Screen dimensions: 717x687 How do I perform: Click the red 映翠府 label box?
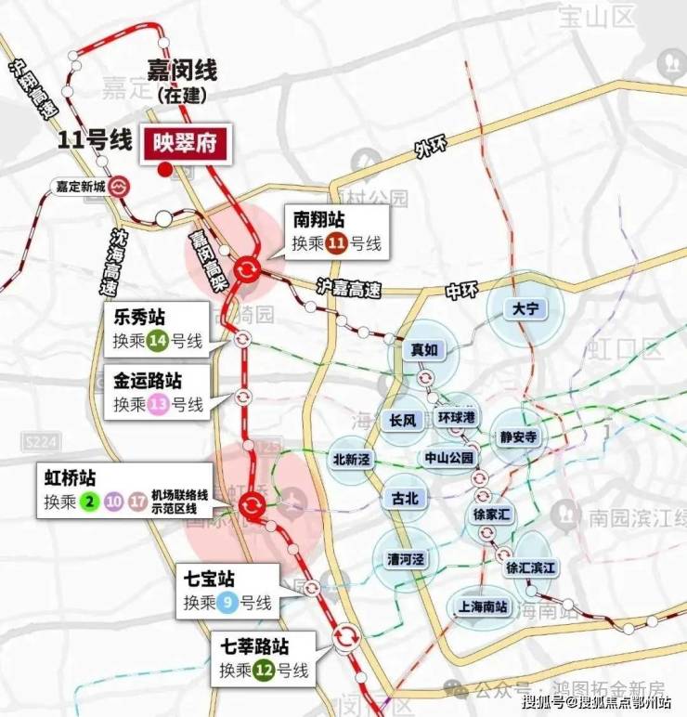[183, 146]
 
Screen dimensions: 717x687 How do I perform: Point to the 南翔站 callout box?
[337, 231]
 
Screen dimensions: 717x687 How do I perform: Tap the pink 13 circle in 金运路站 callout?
[158, 404]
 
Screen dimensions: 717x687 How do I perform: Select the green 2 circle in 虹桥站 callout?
[90, 502]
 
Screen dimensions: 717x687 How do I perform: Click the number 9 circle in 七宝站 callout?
[227, 604]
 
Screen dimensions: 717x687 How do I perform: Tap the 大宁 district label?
[524, 307]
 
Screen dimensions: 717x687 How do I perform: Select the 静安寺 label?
[518, 437]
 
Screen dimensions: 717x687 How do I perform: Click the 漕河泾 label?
[405, 559]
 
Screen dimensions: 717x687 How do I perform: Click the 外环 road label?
[430, 150]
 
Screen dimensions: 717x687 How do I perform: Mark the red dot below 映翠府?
[164, 168]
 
